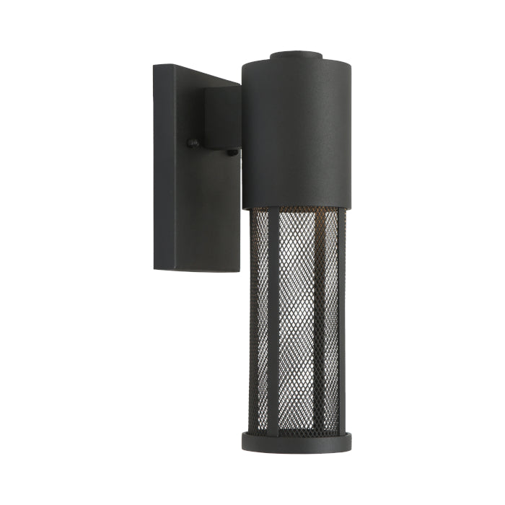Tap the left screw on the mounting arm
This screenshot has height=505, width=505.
[192, 143]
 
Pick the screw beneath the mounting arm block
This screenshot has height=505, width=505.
[232, 152]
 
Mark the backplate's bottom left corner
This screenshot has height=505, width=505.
[154, 269]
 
